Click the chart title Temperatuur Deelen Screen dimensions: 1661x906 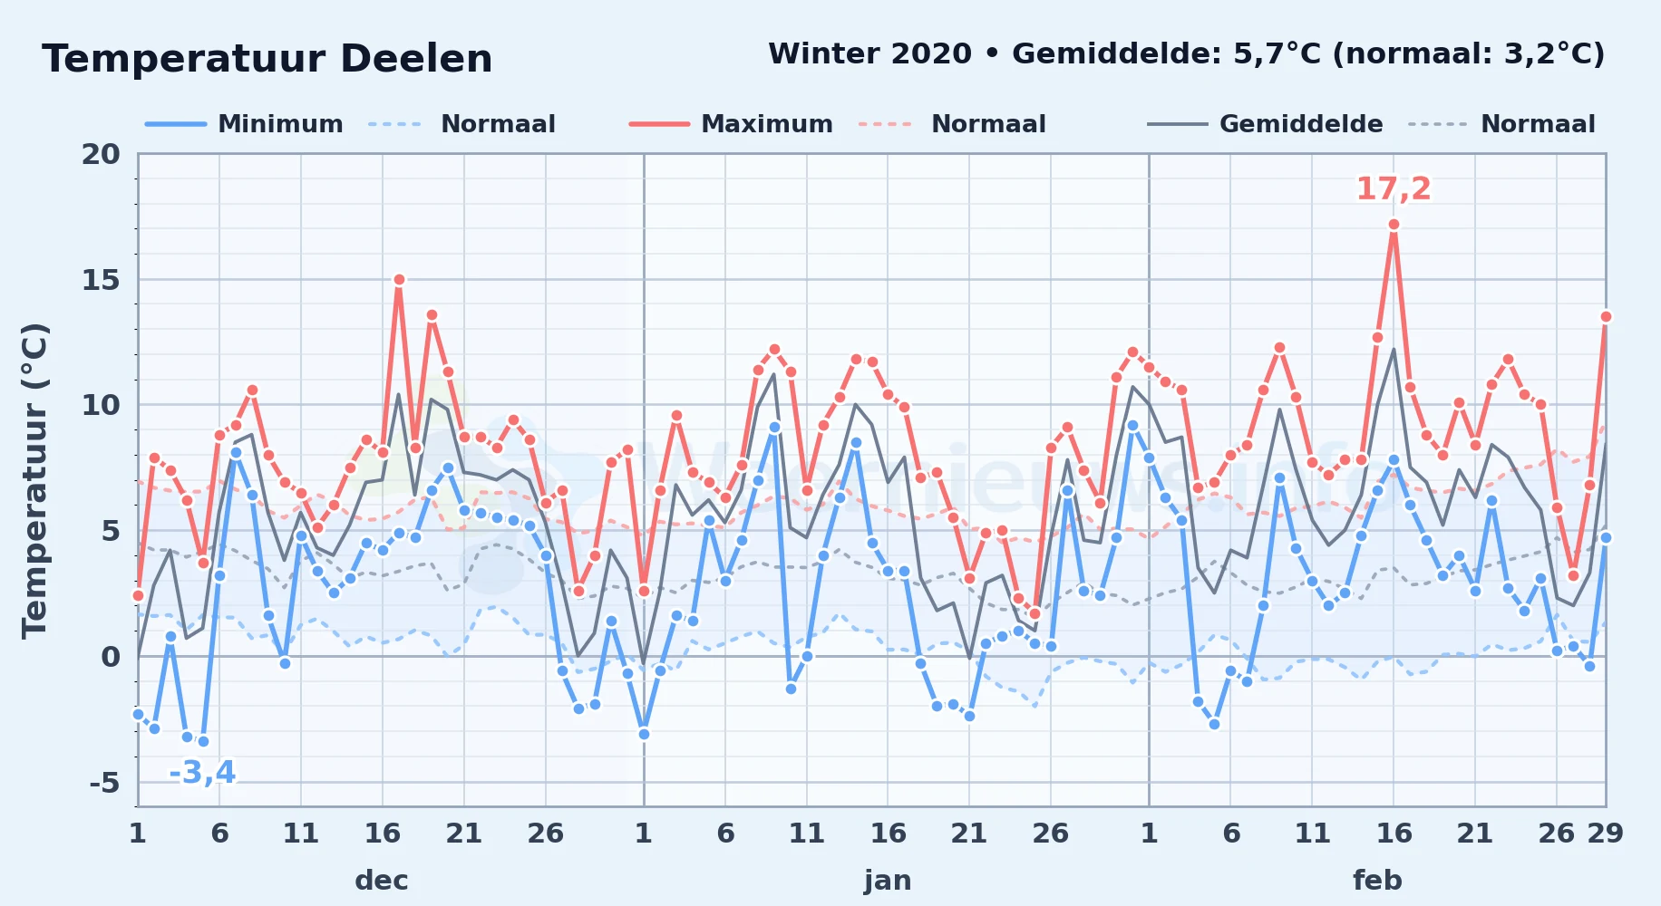267,59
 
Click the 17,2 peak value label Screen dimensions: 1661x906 1394,188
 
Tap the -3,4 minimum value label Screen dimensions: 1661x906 202,773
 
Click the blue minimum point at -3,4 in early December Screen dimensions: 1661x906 203,741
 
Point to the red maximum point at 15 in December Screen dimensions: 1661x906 399,279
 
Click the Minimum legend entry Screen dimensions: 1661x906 244,124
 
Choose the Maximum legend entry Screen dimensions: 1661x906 731,124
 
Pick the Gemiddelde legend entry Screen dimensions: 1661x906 1265,124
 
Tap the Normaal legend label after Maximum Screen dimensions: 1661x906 988,124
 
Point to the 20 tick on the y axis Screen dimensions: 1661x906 101,154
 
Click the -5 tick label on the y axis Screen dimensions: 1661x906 104,782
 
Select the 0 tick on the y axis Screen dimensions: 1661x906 111,656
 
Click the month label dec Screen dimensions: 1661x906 382,880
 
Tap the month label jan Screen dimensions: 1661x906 888,880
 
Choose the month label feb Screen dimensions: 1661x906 1377,880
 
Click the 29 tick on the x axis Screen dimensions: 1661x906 1605,833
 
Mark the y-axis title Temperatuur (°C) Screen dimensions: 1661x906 35,480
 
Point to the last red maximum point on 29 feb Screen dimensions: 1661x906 1606,316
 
